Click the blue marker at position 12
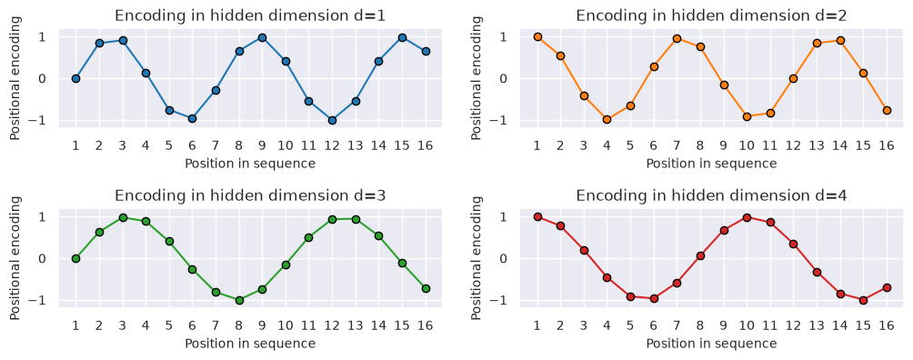coord(332,121)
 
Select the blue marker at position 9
coord(262,37)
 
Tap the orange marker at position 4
coord(607,119)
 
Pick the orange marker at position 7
coord(677,38)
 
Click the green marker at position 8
coord(239,301)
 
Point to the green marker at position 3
coord(122,217)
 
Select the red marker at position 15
coord(864,301)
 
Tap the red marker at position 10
coord(747,217)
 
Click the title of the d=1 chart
coord(250,15)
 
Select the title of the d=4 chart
coord(712,195)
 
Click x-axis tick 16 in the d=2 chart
coord(887,145)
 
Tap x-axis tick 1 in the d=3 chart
coord(75,325)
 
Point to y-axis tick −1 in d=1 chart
coord(49,121)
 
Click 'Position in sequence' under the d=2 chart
coord(711,164)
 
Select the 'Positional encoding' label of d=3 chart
coord(15,257)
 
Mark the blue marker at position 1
coord(75,79)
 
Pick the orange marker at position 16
coord(887,110)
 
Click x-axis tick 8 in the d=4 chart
coord(700,325)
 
